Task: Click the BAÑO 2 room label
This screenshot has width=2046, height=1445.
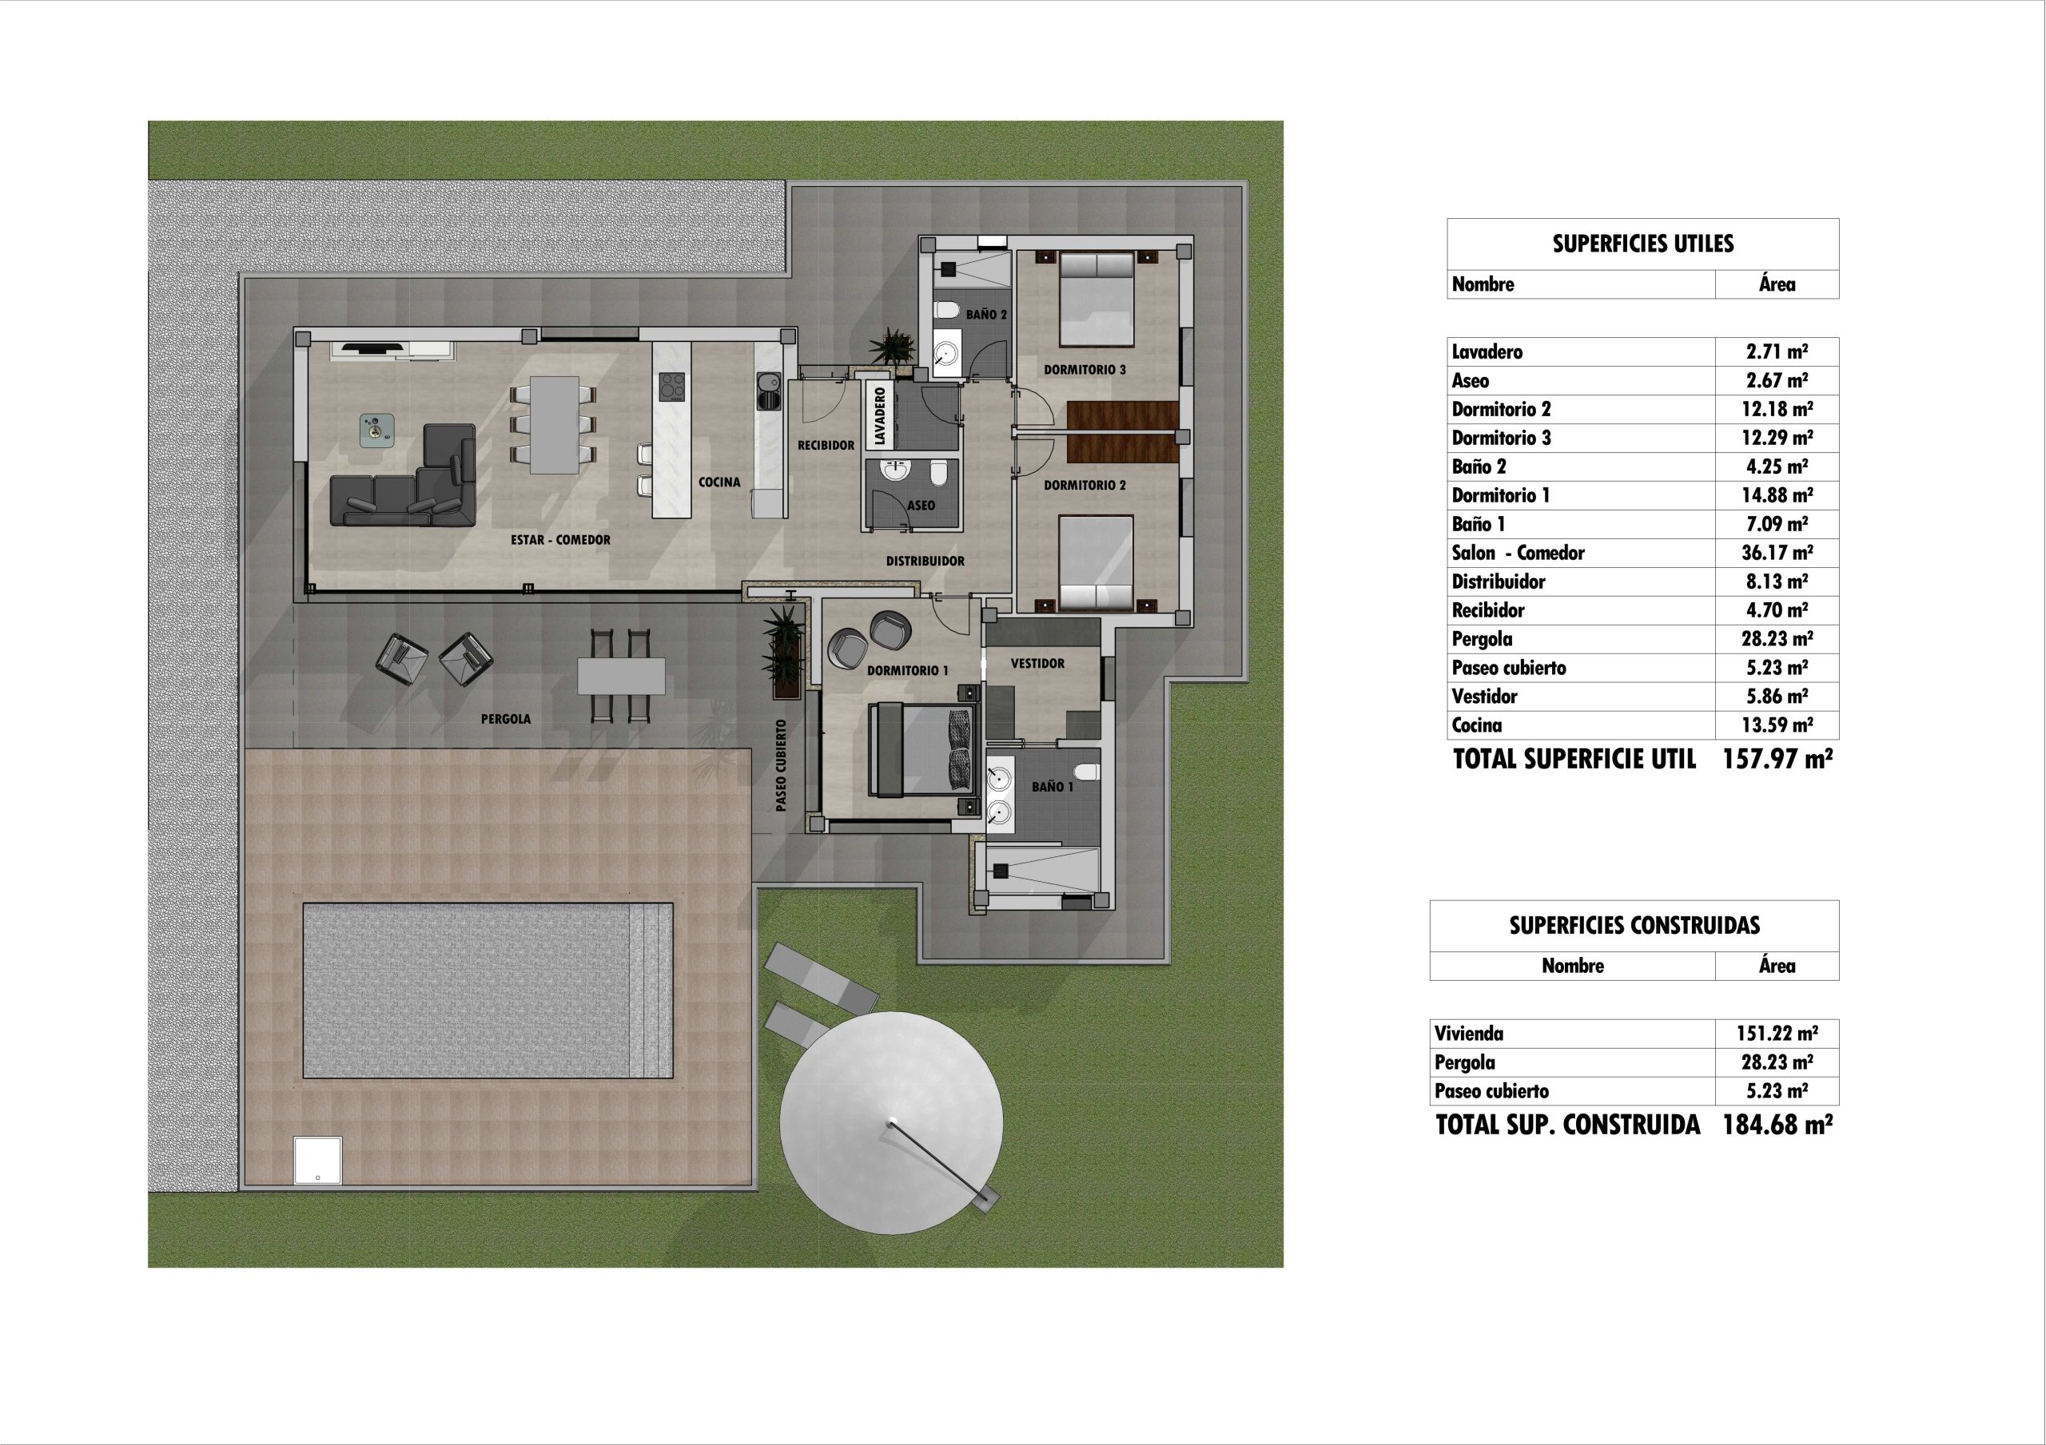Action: (x=986, y=315)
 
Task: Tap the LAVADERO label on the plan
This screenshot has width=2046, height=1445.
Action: (x=881, y=416)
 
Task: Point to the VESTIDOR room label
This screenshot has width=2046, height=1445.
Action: (x=1037, y=664)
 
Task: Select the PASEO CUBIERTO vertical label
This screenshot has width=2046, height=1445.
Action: (x=782, y=765)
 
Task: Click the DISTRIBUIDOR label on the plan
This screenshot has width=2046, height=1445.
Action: (x=925, y=562)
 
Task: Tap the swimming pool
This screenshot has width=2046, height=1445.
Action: (x=488, y=990)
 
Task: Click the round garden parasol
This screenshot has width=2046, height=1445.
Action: (x=891, y=1122)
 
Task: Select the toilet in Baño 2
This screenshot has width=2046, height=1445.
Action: (x=945, y=310)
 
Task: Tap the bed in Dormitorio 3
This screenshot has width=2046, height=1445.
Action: (x=1096, y=299)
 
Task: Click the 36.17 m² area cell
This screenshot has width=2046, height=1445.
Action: (x=1777, y=554)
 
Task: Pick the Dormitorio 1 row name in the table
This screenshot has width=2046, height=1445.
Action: (x=1501, y=495)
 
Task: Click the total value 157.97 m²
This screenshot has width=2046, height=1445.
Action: (x=1777, y=759)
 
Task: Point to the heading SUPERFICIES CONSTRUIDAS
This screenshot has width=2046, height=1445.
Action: (x=1634, y=926)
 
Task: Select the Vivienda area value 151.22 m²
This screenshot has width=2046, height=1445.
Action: (x=1777, y=1034)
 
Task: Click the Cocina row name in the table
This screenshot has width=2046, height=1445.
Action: (x=1477, y=725)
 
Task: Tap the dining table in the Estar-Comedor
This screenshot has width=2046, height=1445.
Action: (x=555, y=425)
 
